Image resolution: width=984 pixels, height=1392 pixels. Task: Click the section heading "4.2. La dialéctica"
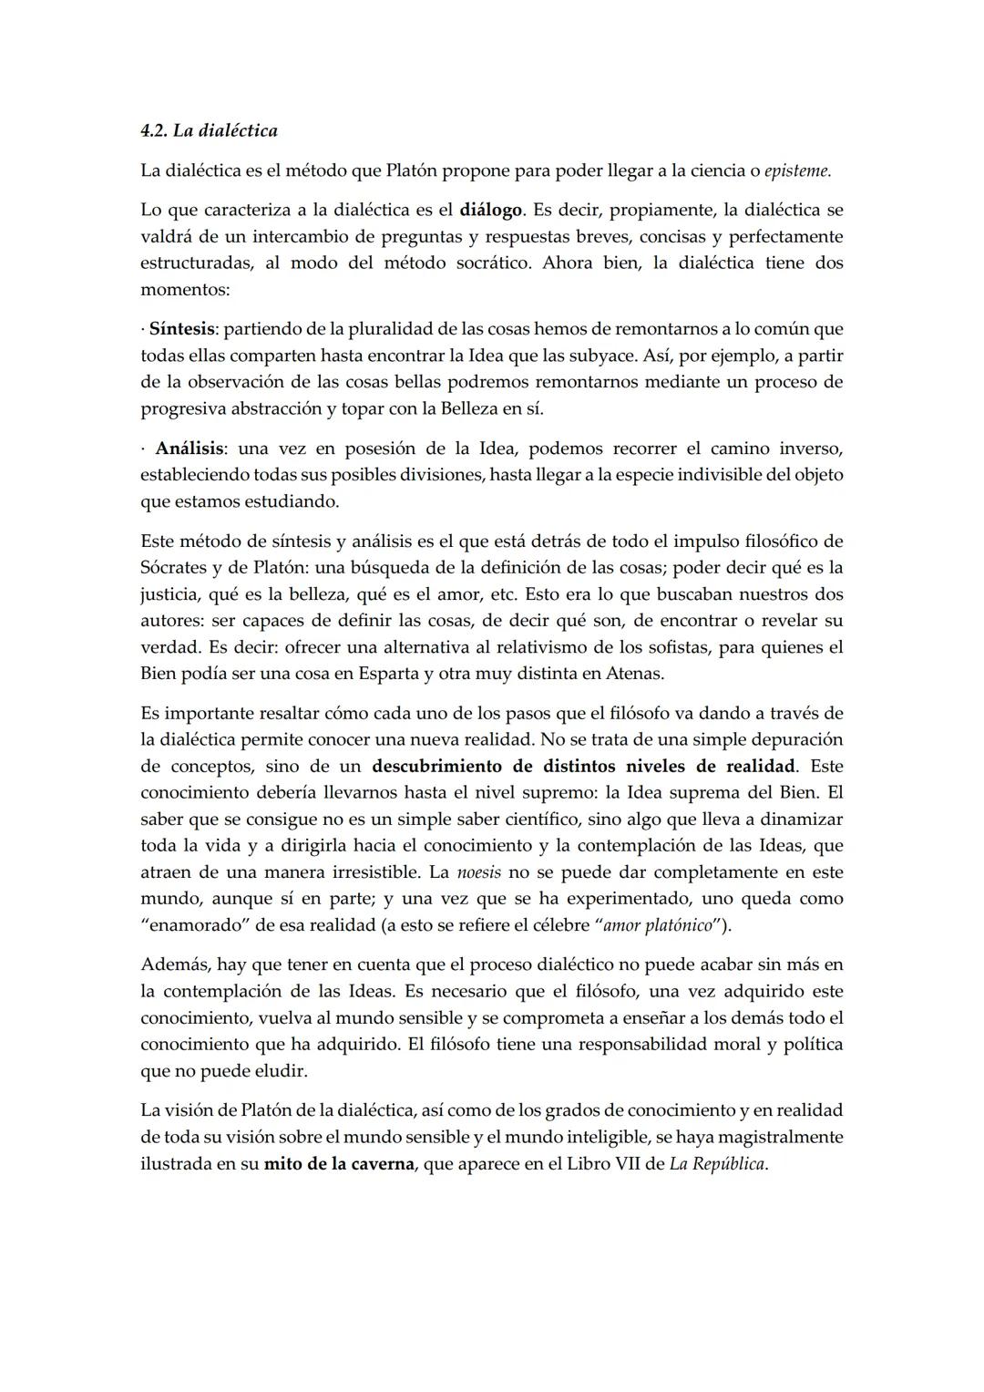pos(209,130)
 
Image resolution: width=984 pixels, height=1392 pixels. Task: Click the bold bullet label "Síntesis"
pos(182,328)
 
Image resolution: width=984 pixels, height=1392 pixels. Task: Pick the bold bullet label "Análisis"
pos(190,449)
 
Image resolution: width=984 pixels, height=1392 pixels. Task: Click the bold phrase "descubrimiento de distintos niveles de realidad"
pos(584,766)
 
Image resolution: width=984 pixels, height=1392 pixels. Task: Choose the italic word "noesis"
pos(478,871)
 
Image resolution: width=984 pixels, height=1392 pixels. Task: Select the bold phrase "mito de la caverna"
pos(339,1164)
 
